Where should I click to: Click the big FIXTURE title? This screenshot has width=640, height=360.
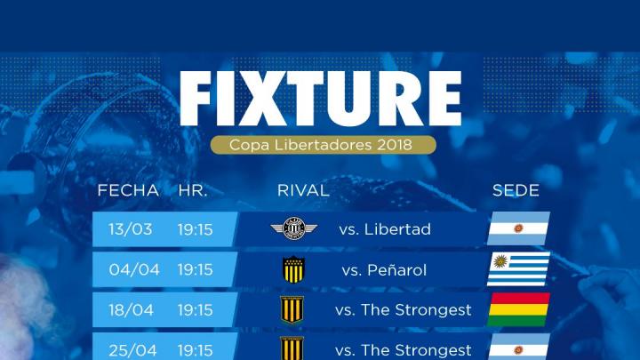(320, 99)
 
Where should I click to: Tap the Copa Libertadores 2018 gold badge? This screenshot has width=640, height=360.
(324, 145)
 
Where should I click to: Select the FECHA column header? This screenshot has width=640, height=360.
(128, 190)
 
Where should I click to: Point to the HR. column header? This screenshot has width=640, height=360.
(193, 190)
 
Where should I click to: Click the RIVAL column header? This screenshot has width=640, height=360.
(303, 190)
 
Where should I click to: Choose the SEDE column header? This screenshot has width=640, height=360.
(516, 190)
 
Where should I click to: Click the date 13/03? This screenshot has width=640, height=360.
(130, 229)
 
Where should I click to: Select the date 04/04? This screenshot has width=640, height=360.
(134, 270)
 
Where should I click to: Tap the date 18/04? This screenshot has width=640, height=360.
(131, 310)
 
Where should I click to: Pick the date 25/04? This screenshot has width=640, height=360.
(132, 350)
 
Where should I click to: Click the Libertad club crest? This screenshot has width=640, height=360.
(294, 228)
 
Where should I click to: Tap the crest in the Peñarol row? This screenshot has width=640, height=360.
(293, 269)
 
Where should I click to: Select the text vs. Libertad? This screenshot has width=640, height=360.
(385, 229)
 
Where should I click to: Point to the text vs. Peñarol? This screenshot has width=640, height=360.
(384, 270)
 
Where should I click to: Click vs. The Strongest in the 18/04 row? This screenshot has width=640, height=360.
(404, 310)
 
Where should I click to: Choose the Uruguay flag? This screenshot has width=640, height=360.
(518, 268)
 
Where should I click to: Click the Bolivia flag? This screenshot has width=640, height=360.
(518, 309)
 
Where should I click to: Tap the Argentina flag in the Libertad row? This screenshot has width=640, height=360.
(518, 228)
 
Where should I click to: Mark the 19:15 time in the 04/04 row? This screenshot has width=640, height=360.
(195, 270)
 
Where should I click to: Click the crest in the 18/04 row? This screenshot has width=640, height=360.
(292, 310)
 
